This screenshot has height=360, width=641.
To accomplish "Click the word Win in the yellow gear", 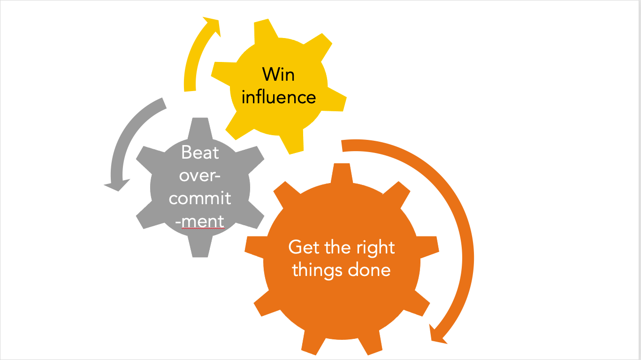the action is tap(278, 75).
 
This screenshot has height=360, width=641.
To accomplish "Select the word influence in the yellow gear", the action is tap(279, 97).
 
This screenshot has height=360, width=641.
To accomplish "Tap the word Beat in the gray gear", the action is tap(200, 152).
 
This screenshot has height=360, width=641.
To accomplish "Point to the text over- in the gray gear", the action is tap(200, 176).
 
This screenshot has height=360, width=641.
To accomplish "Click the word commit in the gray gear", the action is tap(200, 198).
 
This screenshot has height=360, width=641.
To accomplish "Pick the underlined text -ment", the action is tap(200, 222).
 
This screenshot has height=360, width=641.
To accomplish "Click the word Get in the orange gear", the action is tap(304, 247).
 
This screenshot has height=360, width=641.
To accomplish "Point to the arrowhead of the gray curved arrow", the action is tap(117, 185).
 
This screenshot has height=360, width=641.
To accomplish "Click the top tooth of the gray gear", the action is tap(200, 128).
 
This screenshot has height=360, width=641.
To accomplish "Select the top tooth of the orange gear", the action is tap(342, 173).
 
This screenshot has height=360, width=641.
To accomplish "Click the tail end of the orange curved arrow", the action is tap(342, 146).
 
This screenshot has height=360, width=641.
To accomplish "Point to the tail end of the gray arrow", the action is tap(164, 103).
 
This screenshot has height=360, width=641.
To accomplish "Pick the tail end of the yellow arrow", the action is tap(190, 91).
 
